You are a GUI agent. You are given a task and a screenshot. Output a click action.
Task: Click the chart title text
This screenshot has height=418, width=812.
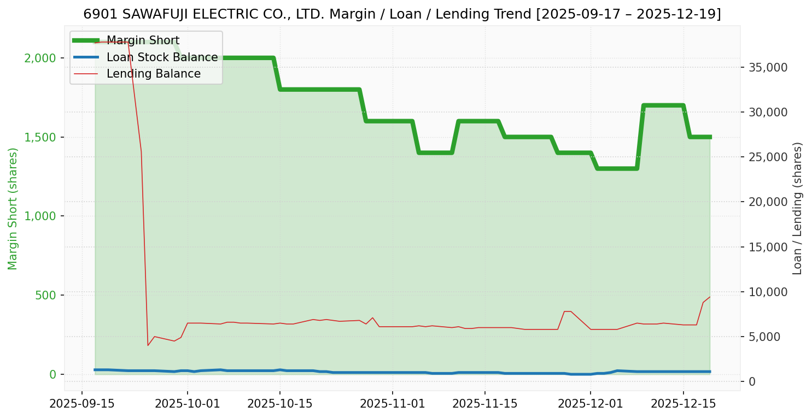[402, 14]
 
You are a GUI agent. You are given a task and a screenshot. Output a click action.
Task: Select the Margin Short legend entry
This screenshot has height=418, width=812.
[143, 40]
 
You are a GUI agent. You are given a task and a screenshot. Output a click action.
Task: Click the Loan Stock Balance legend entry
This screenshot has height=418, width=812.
[162, 57]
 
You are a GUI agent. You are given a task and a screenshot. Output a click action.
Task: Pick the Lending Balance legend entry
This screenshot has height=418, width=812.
[153, 74]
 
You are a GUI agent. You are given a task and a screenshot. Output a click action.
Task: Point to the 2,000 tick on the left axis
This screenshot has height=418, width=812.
[41, 58]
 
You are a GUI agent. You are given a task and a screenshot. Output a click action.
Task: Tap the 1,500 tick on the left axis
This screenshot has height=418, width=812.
[41, 137]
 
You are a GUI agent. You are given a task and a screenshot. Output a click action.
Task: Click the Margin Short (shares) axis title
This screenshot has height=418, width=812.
[13, 209]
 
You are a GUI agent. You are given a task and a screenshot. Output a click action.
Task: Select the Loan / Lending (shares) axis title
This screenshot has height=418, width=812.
[797, 209]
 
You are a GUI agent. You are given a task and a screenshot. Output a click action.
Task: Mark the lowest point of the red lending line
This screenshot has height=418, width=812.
[148, 345]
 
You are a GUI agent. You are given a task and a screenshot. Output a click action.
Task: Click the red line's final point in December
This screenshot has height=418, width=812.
[710, 297]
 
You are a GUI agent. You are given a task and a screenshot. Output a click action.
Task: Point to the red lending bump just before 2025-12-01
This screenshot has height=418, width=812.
[568, 311]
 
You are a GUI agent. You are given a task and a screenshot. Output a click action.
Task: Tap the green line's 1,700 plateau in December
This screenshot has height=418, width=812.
[663, 105]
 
